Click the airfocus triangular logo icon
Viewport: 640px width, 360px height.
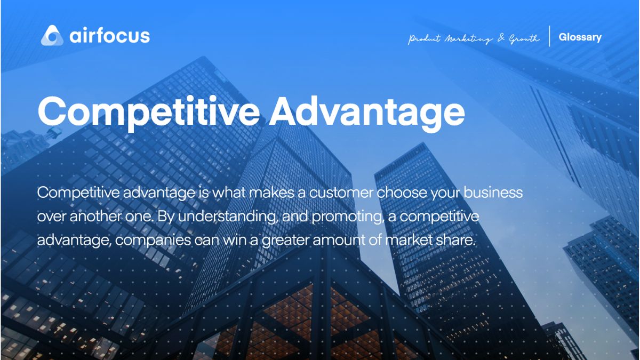(52, 35)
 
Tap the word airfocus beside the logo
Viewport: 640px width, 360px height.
(110, 36)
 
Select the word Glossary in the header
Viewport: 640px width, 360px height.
(580, 37)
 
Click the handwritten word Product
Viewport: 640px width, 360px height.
(425, 38)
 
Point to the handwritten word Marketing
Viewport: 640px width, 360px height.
(469, 39)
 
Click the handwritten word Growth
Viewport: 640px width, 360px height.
(524, 38)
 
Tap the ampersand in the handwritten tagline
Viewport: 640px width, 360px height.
(501, 38)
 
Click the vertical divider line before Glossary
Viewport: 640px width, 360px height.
(549, 36)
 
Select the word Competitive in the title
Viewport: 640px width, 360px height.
(149, 113)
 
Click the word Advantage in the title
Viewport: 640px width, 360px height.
(367, 113)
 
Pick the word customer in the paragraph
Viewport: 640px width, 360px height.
(341, 193)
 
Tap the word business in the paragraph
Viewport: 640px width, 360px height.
(493, 192)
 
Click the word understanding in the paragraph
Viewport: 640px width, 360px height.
(228, 217)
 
